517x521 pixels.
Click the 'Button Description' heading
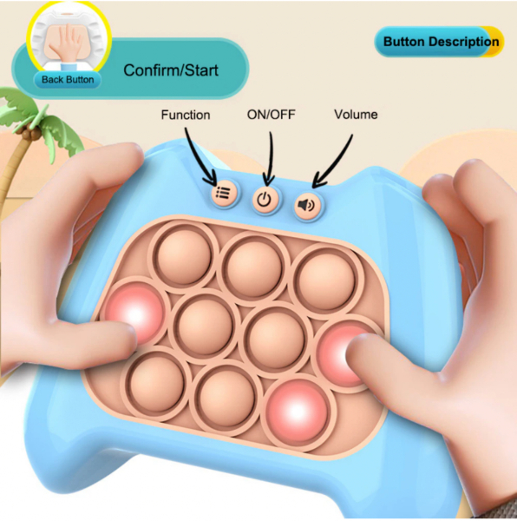441,42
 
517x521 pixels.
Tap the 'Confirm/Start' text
171,70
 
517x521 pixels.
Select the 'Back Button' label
68,80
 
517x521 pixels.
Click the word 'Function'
186,115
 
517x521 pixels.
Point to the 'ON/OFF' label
272,115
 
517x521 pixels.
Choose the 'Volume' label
356,115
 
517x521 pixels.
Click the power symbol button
265,200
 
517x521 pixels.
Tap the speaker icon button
307,205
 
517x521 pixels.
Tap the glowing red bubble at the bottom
297,410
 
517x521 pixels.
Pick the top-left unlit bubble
184,256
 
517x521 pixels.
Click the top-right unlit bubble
327,278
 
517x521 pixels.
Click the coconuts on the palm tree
29,133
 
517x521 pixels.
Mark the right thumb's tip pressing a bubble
356,346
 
